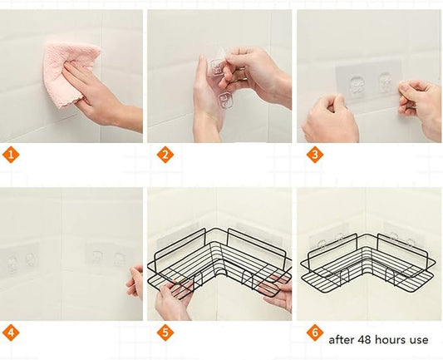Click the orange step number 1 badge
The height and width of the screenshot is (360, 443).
[11, 155]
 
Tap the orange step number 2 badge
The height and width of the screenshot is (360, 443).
[165, 155]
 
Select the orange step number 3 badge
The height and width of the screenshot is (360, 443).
[315, 155]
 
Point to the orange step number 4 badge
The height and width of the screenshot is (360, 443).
[11, 333]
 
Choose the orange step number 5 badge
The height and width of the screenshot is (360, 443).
[165, 333]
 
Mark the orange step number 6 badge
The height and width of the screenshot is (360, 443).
[315, 333]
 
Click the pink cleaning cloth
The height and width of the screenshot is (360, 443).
[68, 73]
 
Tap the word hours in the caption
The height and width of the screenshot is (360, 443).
[391, 339]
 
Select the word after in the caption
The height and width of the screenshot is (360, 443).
[342, 339]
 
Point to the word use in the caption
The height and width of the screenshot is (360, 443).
[419, 341]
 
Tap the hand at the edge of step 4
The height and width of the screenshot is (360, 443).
[135, 282]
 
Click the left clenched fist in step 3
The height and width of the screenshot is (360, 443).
[330, 119]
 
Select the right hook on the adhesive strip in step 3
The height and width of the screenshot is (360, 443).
[385, 82]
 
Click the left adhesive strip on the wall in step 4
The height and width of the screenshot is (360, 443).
[19, 260]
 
